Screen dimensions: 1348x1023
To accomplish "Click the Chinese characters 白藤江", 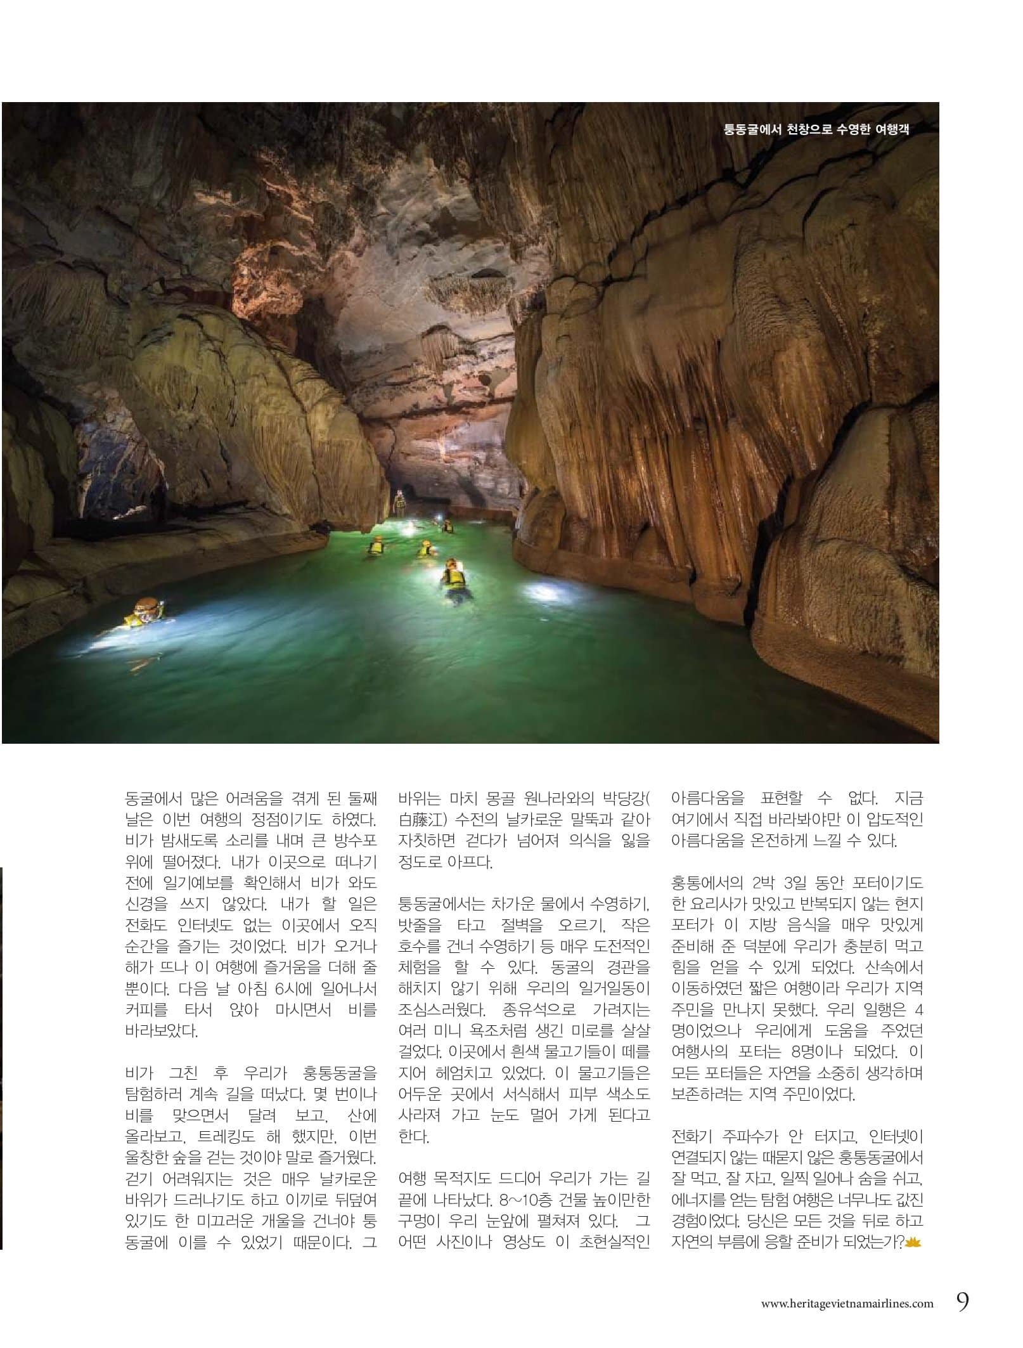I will tap(421, 819).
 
